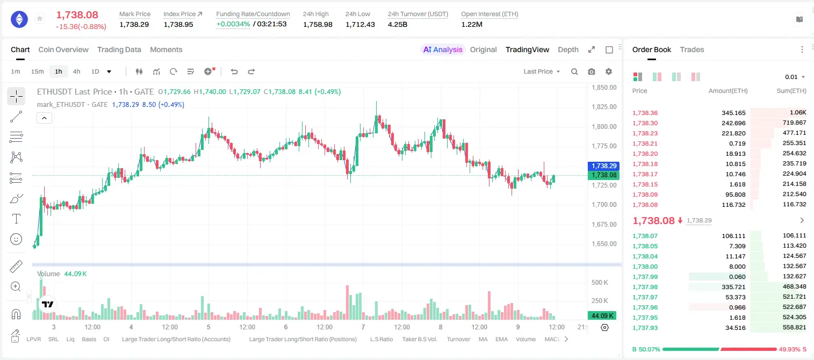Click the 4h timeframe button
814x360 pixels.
tap(76, 71)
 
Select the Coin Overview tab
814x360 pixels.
tap(63, 50)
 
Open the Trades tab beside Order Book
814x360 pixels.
tap(692, 50)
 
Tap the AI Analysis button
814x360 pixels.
tap(443, 50)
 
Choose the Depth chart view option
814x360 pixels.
tap(568, 50)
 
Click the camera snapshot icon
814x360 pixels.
tap(592, 71)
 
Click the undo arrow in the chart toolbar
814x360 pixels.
tap(234, 71)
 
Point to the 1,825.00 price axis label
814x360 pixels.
tap(604, 107)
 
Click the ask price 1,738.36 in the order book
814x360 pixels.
tap(645, 113)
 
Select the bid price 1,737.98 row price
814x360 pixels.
tap(645, 287)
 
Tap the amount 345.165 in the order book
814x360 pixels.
tap(733, 113)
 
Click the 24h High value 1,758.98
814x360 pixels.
tap(318, 24)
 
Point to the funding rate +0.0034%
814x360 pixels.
tap(233, 24)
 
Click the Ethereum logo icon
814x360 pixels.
tap(19, 19)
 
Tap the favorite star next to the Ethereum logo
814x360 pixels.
tap(40, 18)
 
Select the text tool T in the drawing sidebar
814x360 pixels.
tap(16, 219)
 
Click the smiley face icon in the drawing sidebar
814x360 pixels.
tap(16, 239)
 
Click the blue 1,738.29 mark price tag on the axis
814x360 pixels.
tap(604, 166)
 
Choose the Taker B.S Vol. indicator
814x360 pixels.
tap(419, 339)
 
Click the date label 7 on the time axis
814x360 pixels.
tap(363, 327)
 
